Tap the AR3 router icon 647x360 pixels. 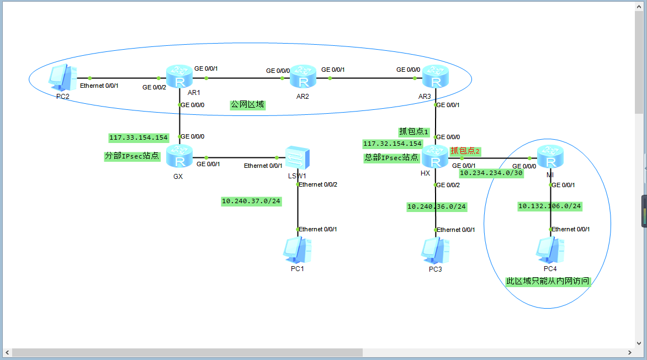(x=436, y=78)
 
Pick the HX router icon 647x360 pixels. (x=436, y=157)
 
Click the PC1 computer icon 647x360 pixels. (x=298, y=250)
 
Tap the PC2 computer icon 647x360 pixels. (x=62, y=78)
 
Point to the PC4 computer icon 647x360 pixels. (x=550, y=250)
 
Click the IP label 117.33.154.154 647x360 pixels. (x=139, y=137)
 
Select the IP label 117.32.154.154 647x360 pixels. (x=393, y=144)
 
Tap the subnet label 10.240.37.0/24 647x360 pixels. (x=251, y=202)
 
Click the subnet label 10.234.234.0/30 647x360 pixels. (x=491, y=173)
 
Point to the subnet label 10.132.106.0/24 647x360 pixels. (x=550, y=206)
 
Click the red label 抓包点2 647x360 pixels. (x=465, y=151)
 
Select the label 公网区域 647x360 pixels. (x=248, y=104)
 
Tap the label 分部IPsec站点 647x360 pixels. (x=132, y=156)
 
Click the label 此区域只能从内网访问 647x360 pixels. (x=548, y=281)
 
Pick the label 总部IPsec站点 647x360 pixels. (x=391, y=157)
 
